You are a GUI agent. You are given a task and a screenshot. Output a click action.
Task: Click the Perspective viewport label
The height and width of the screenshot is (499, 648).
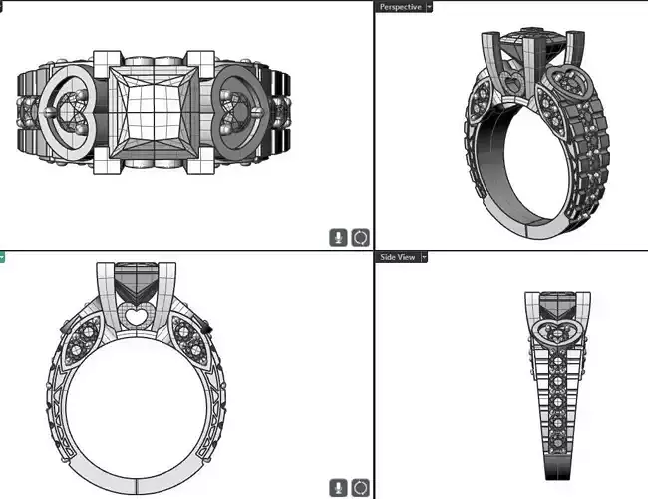click(401, 6)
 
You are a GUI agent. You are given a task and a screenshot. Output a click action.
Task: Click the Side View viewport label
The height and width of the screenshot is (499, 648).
click(398, 257)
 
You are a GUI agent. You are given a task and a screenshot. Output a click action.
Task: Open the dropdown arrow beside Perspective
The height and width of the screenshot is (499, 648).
click(430, 6)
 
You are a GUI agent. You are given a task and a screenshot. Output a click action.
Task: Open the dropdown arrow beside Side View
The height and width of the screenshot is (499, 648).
click(424, 257)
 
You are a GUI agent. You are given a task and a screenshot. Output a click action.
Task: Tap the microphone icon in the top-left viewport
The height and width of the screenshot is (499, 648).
click(339, 237)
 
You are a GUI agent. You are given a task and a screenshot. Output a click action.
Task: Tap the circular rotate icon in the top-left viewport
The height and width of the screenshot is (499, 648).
click(360, 237)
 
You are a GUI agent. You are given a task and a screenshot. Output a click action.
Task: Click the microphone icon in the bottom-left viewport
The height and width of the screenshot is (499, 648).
click(339, 487)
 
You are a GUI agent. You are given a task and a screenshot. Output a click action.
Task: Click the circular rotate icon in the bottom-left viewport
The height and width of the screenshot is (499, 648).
click(360, 487)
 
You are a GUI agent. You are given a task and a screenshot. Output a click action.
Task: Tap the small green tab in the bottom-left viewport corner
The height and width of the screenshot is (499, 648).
click(3, 257)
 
